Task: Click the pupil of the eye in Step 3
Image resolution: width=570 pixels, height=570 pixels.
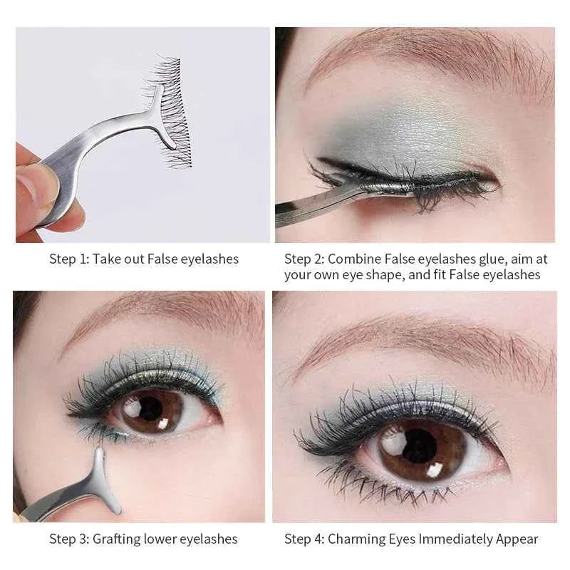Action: pyautogui.click(x=151, y=408)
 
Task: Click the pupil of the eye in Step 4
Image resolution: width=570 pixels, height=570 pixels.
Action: pyautogui.click(x=420, y=446)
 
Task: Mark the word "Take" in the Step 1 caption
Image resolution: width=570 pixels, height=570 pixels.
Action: pyautogui.click(x=105, y=259)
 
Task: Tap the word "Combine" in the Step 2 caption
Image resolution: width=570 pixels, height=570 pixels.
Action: pyautogui.click(x=353, y=259)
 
